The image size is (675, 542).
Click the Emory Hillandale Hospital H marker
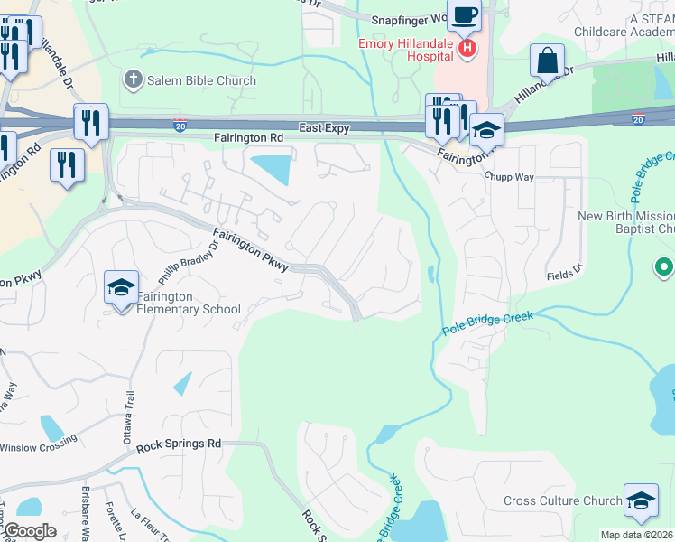click(x=467, y=48)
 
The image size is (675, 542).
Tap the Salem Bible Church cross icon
click(x=134, y=79)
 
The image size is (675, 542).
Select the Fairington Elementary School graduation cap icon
click(x=121, y=288)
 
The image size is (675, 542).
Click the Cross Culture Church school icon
click(x=640, y=501)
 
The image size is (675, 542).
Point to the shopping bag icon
click(x=547, y=61)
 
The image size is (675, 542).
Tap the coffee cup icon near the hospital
click(x=465, y=15)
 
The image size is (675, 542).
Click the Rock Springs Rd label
click(x=179, y=444)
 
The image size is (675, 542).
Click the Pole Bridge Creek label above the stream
click(x=487, y=323)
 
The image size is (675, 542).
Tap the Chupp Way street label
click(x=509, y=177)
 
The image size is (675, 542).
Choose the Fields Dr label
click(x=565, y=274)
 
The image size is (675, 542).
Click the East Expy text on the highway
click(x=325, y=128)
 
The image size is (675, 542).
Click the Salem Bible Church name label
click(x=203, y=80)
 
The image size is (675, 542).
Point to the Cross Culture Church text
click(x=562, y=501)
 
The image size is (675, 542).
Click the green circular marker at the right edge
click(x=664, y=267)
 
